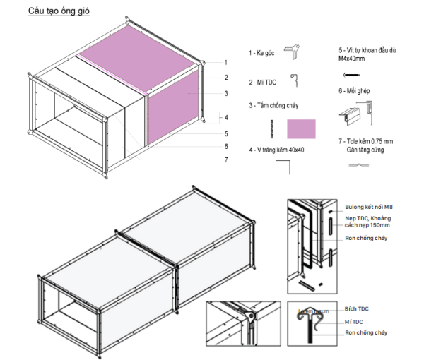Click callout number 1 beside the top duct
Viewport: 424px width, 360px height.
[225, 64]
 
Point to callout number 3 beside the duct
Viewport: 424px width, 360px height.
[225, 93]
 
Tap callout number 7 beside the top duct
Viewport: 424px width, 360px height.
[225, 160]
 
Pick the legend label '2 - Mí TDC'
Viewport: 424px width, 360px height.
[263, 83]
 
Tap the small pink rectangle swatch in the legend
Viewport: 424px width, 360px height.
[301, 128]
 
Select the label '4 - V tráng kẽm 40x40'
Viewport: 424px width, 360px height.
[278, 150]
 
